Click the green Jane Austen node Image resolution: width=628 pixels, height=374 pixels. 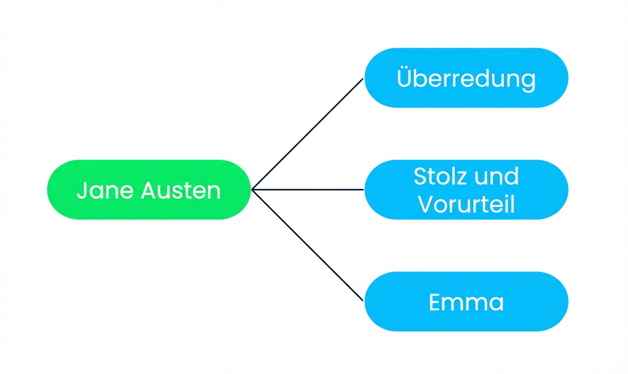pyautogui.click(x=149, y=190)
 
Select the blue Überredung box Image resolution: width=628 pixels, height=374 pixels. pyautogui.click(x=466, y=78)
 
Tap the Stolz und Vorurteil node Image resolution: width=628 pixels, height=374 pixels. pyautogui.click(x=466, y=190)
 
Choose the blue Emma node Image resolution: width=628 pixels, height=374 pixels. pyautogui.click(x=466, y=302)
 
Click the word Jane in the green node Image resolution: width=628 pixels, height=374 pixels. pyautogui.click(x=94, y=191)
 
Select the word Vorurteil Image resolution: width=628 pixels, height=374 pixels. pyautogui.click(x=466, y=204)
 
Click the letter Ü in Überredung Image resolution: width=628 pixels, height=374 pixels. pyautogui.click(x=405, y=78)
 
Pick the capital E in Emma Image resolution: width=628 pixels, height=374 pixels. pyautogui.click(x=435, y=302)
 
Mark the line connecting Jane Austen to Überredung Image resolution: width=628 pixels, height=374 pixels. pyautogui.click(x=307, y=134)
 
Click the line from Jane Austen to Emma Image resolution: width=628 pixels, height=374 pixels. pyautogui.click(x=307, y=245)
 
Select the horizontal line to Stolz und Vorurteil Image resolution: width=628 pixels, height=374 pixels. pyautogui.click(x=307, y=189)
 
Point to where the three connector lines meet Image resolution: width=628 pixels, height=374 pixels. pyautogui.click(x=252, y=189)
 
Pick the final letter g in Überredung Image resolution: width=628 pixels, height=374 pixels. pyautogui.click(x=528, y=80)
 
